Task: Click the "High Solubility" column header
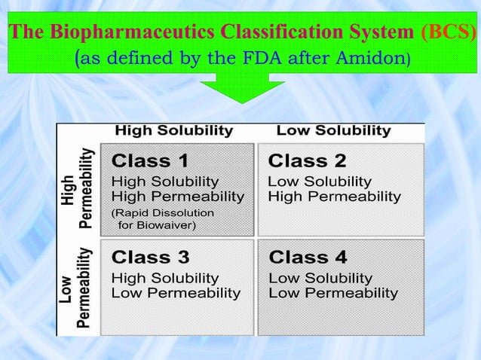point(173,130)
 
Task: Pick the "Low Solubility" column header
point(333,130)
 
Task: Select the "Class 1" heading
point(150,160)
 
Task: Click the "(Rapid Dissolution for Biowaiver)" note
point(162,218)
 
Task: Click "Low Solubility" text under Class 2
point(320,182)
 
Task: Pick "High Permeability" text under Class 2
point(334,197)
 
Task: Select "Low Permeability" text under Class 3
point(176,293)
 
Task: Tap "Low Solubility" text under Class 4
point(320,278)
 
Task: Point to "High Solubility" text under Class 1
point(165,182)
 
